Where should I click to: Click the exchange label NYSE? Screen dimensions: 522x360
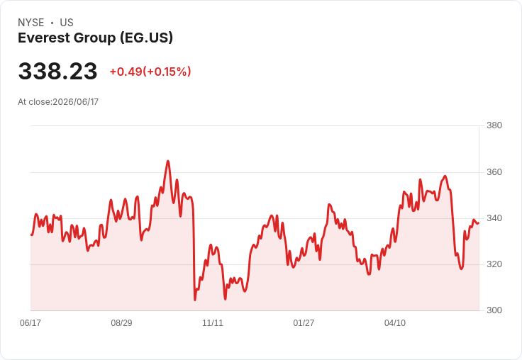tap(31, 23)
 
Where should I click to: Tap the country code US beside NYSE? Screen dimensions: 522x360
tap(67, 23)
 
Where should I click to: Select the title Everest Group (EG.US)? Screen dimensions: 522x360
tap(96, 38)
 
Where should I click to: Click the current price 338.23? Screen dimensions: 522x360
tap(57, 72)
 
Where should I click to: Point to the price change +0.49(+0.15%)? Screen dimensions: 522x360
tap(150, 72)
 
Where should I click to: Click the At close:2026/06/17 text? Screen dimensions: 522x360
tap(58, 102)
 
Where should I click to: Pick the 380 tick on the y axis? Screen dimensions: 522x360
tap(494, 125)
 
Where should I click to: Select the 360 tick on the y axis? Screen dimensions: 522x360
tap(494, 172)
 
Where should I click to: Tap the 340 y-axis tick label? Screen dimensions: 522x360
tap(494, 218)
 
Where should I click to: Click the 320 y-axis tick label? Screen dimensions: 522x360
tap(494, 264)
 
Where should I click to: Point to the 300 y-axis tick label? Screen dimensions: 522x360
tap(494, 310)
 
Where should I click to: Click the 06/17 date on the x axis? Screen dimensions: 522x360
tap(30, 322)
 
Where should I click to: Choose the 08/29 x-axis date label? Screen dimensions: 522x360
tap(121, 322)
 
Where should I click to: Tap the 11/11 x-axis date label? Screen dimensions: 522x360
tap(213, 322)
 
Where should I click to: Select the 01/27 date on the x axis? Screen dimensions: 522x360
tap(304, 322)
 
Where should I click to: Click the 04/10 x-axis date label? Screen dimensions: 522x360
tap(395, 322)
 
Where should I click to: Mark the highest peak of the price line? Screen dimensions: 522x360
tap(168, 162)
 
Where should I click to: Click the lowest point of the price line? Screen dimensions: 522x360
tap(195, 300)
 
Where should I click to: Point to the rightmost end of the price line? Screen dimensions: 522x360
tap(479, 223)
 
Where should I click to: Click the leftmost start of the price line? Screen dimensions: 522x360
tap(31, 235)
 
